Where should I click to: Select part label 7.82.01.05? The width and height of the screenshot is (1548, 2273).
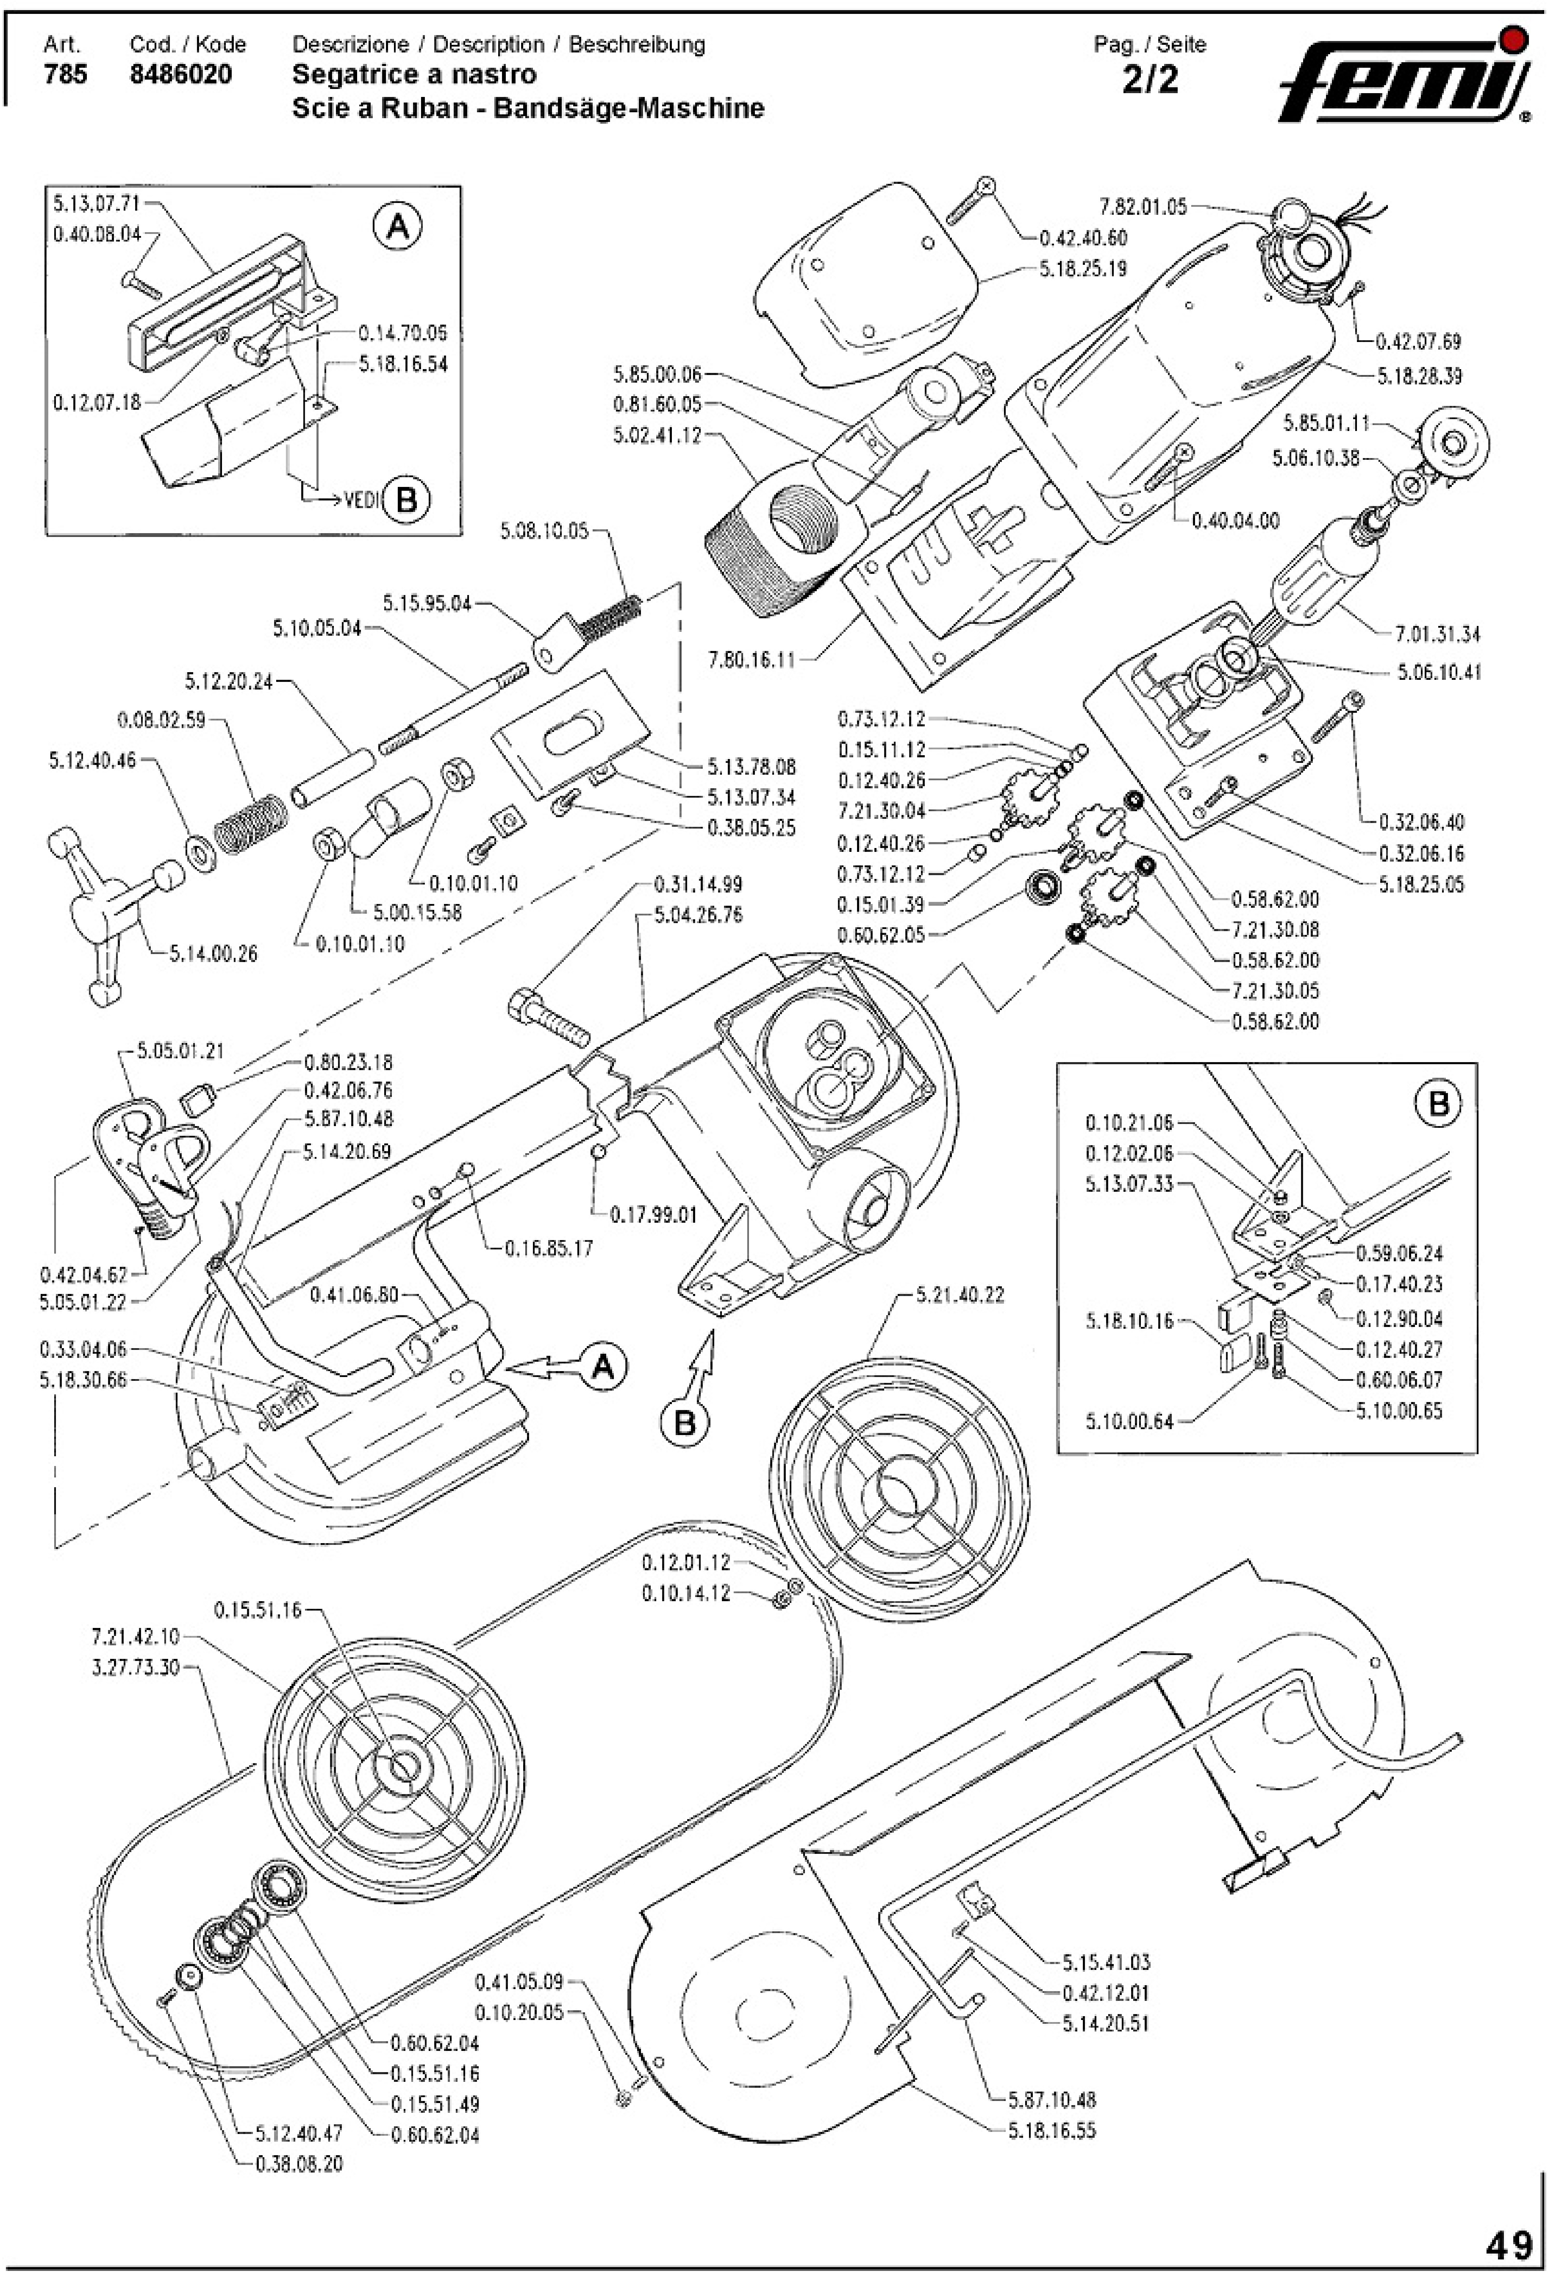coord(1142,206)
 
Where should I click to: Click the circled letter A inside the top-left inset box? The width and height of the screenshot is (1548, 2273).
coord(397,228)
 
